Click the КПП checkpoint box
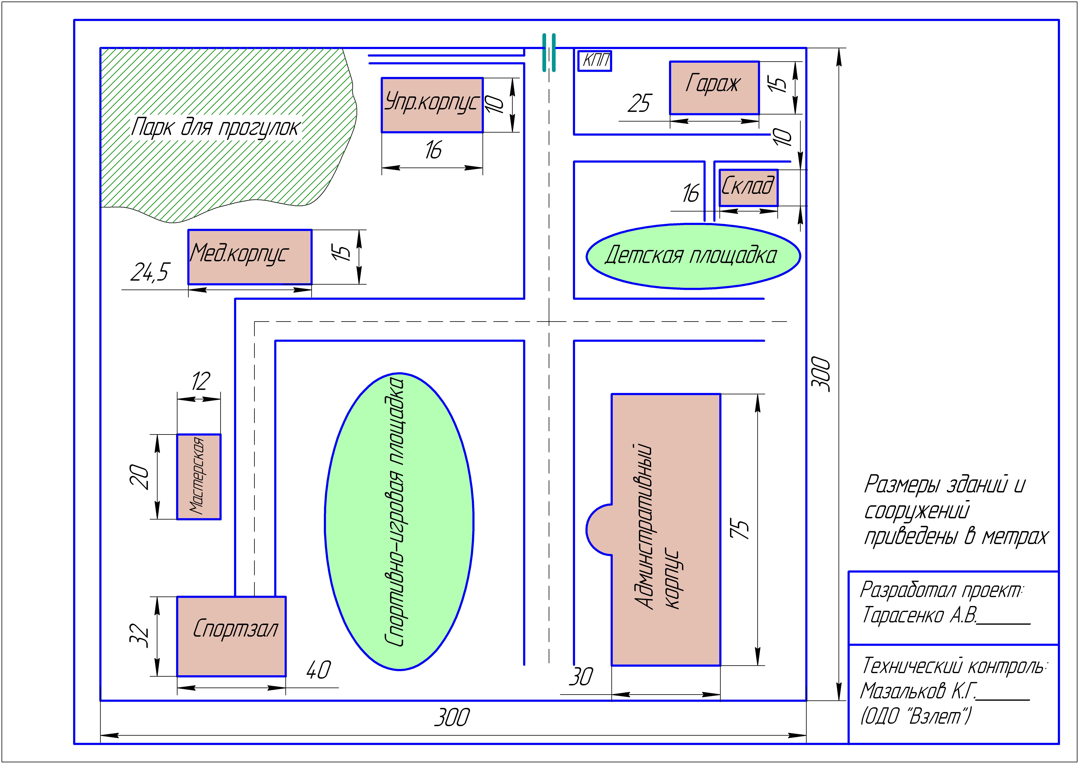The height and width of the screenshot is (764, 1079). (x=595, y=61)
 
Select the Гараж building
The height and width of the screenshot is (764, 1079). (x=714, y=88)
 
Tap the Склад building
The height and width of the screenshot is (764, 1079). (x=748, y=187)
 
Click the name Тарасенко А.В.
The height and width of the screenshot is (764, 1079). (x=920, y=615)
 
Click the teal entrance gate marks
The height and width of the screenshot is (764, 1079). (x=549, y=53)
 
